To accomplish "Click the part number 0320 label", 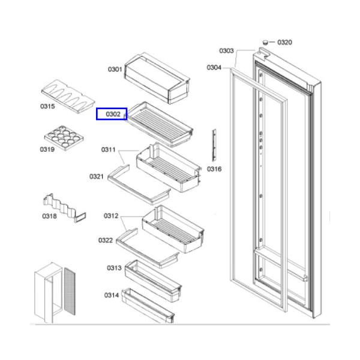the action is click(284, 43).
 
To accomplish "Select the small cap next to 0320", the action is click(265, 42).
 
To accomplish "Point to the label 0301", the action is click(115, 70).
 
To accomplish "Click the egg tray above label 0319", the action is click(64, 138).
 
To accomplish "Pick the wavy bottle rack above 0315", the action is click(68, 97).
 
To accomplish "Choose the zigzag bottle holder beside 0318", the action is click(64, 208).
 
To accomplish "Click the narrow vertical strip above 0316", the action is click(214, 145).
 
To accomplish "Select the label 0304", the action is click(214, 67).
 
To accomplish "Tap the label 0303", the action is click(226, 51).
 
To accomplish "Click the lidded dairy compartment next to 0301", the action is click(157, 78).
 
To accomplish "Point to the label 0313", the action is click(114, 268).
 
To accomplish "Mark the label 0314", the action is click(112, 295).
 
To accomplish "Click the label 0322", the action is click(106, 241).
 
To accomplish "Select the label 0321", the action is click(97, 176).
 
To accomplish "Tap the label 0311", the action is click(109, 149).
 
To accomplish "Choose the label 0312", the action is click(111, 216).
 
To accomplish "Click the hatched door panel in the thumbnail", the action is click(70, 292).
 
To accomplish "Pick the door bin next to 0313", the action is click(153, 281).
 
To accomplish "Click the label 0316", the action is click(214, 169).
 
